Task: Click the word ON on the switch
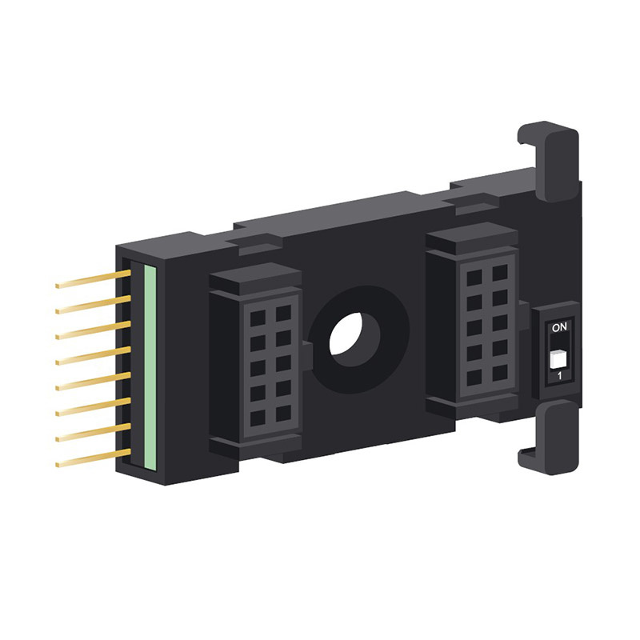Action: coord(559,327)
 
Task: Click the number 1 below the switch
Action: coord(558,376)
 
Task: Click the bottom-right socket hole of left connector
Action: coord(282,416)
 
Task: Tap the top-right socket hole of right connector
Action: coord(499,273)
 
